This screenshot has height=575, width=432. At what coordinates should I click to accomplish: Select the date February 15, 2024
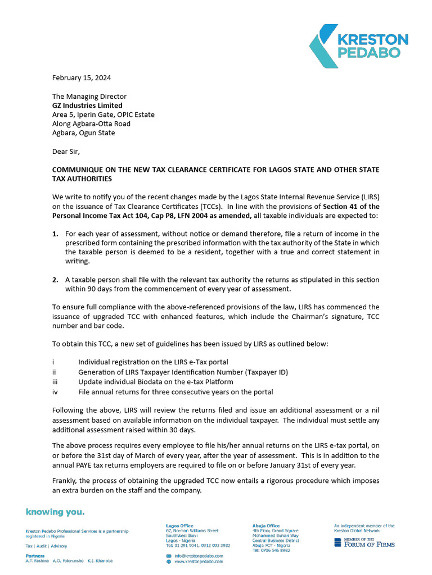[81, 77]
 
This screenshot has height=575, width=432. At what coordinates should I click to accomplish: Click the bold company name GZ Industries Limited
[87, 106]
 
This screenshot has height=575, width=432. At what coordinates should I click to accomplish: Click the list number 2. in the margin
[55, 280]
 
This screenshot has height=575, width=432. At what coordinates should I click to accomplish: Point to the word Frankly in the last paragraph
[66, 481]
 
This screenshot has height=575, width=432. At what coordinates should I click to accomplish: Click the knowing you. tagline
[55, 512]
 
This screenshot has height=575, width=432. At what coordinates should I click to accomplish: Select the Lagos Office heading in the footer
[180, 526]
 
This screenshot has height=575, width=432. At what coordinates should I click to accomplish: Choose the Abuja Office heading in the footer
[266, 526]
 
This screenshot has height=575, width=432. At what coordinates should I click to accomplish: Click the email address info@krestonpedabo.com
[199, 555]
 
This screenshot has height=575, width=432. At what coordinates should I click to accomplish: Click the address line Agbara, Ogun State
[83, 133]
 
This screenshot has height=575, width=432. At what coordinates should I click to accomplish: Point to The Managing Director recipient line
[89, 97]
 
